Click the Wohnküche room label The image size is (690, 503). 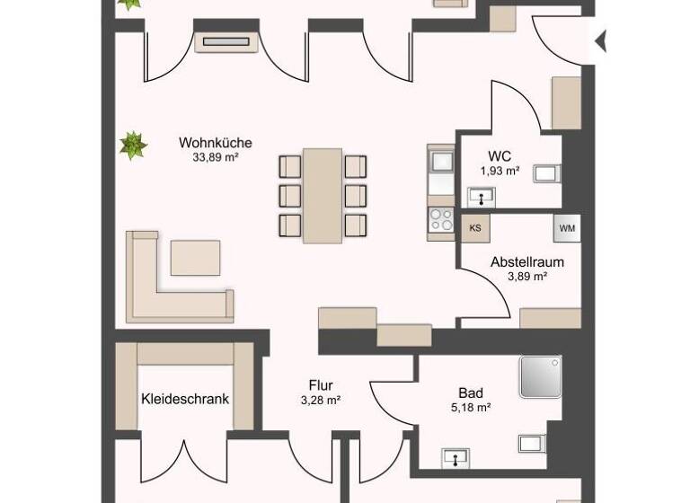click(x=215, y=142)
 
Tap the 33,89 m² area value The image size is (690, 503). click(x=215, y=156)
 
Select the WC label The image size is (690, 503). click(x=500, y=155)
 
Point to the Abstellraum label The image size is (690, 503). click(x=527, y=262)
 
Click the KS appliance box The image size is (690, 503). click(x=475, y=228)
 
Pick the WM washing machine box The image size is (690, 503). click(x=567, y=228)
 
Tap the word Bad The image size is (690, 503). click(x=471, y=393)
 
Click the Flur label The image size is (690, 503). click(x=321, y=385)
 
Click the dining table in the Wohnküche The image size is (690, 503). click(x=323, y=194)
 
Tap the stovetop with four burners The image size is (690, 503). click(x=440, y=218)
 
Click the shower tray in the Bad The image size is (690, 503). click(x=539, y=376)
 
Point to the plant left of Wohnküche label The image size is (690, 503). click(x=133, y=145)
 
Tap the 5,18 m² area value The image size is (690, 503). click(x=471, y=408)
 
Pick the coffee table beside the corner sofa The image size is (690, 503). click(x=195, y=258)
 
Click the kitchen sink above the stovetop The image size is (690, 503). click(x=441, y=163)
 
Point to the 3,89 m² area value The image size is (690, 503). click(x=527, y=277)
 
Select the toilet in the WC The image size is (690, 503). click(x=547, y=172)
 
